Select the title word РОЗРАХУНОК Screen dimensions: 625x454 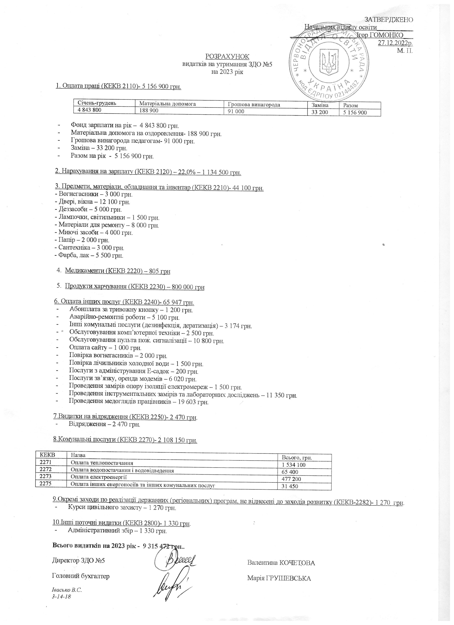pyautogui.click(x=227, y=56)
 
